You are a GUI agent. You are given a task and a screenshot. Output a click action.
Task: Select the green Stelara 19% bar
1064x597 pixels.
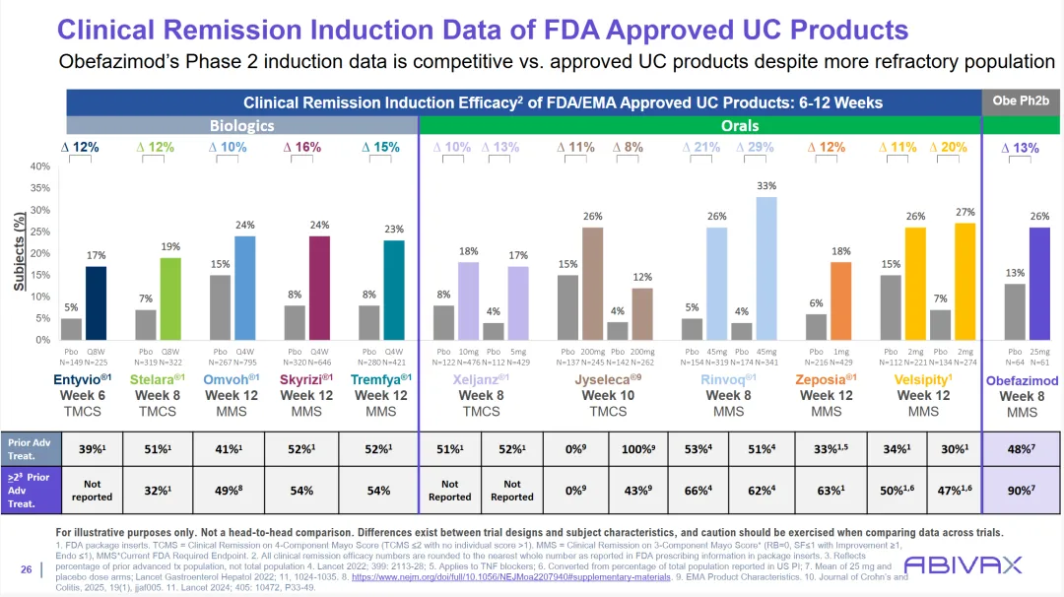171,298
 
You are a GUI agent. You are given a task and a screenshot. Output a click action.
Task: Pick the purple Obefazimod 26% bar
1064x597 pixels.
1039,284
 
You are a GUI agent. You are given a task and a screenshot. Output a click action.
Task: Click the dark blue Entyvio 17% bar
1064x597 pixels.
96,302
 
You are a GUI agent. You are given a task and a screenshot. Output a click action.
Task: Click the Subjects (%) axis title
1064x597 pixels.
19,252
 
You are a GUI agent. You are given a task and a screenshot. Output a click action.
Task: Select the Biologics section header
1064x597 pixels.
242,125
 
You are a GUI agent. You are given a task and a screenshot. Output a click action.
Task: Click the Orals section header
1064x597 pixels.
698,125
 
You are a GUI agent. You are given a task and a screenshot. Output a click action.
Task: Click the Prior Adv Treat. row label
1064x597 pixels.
29,449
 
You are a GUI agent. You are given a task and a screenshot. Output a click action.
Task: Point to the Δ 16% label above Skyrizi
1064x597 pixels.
302,147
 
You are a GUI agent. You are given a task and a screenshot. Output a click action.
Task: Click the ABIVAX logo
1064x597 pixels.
963,565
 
